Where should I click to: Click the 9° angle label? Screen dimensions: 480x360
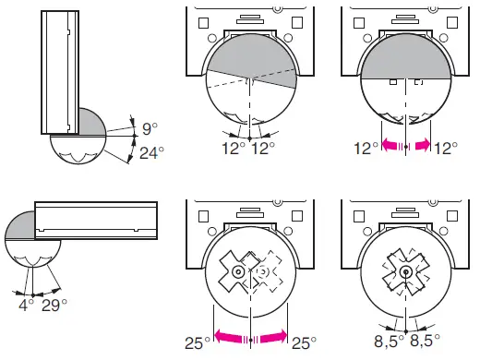(x=150, y=128)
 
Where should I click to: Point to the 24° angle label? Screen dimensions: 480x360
(x=152, y=153)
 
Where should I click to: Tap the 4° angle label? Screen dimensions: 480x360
(x=26, y=305)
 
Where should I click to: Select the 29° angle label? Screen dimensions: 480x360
(x=54, y=305)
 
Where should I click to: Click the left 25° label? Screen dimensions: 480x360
(x=198, y=343)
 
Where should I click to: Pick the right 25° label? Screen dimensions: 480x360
(x=304, y=343)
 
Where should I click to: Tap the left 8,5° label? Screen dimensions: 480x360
(x=390, y=342)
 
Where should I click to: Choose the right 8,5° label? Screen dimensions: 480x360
(x=425, y=342)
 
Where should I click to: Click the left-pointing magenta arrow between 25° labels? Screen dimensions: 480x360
(x=232, y=336)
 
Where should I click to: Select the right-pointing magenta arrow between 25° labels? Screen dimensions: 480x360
(x=272, y=336)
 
